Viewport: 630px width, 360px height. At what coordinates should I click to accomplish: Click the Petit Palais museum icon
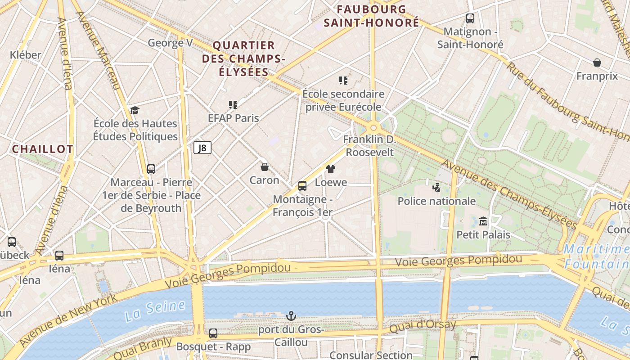point(483,221)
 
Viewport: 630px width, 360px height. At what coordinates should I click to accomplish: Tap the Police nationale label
point(436,201)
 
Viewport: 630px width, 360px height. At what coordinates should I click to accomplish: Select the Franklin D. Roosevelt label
point(369,146)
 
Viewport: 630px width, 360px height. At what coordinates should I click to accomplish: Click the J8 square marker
point(202,148)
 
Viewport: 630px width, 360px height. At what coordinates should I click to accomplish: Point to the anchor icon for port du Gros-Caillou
point(291,316)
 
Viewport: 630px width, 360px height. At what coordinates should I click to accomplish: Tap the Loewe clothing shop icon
point(331,169)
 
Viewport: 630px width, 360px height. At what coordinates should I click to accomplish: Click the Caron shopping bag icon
point(265,167)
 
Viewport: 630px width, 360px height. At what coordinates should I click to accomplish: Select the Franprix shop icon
point(597,63)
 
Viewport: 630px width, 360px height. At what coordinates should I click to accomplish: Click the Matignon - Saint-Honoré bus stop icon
point(470,18)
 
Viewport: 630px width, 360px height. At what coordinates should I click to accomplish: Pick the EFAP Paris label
point(233,118)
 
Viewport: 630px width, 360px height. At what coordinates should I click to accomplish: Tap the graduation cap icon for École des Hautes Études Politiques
point(135,110)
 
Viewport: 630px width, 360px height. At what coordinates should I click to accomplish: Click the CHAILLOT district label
point(42,149)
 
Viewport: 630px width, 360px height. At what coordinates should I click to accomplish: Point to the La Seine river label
point(155,310)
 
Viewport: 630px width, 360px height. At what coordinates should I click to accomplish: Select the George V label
point(170,43)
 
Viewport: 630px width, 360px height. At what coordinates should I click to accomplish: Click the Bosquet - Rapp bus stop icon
point(213,333)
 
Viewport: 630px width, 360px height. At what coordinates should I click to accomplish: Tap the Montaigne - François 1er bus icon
point(302,186)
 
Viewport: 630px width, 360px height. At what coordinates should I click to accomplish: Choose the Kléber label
point(26,55)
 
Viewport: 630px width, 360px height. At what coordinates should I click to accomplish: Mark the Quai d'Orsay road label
point(423,326)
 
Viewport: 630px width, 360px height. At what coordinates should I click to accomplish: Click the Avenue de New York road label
point(67,319)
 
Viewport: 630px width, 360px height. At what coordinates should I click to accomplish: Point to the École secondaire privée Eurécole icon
point(343,81)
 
